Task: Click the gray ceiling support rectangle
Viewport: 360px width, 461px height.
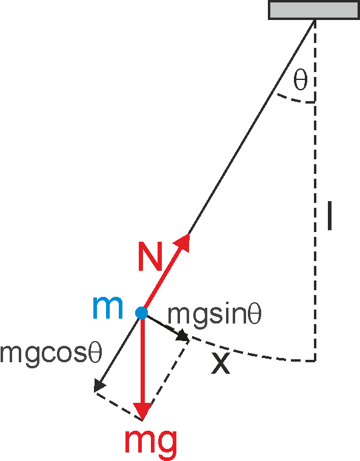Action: (x=313, y=10)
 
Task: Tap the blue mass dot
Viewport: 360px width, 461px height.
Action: (x=141, y=313)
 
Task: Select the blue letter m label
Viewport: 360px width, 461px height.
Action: (x=107, y=308)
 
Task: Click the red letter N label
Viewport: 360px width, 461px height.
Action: (x=150, y=256)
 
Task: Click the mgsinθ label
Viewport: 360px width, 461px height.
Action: (x=214, y=315)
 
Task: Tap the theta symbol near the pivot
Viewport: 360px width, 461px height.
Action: (x=300, y=80)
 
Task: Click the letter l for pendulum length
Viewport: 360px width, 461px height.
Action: (x=330, y=216)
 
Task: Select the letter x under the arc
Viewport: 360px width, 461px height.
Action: (x=221, y=363)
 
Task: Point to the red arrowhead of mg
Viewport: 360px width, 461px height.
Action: (x=142, y=411)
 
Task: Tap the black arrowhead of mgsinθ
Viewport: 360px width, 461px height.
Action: (x=182, y=336)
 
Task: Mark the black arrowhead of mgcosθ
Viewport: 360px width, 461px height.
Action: (x=99, y=385)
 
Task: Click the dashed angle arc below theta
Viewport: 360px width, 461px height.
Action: (x=296, y=99)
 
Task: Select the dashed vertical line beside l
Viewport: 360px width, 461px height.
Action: (x=315, y=190)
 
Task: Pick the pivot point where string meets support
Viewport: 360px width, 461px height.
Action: (x=315, y=20)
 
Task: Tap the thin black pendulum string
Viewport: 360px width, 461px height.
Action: (x=252, y=127)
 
